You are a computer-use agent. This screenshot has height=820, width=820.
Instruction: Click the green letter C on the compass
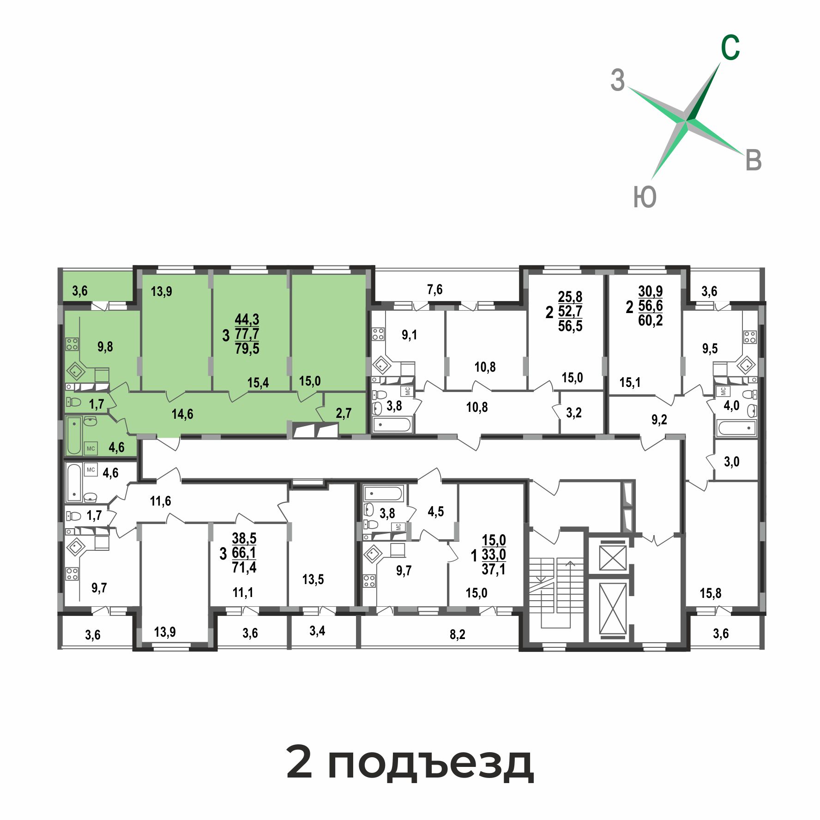tap(730, 48)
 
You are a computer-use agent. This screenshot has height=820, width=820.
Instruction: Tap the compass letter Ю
tap(645, 197)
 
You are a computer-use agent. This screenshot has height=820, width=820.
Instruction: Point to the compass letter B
tap(754, 161)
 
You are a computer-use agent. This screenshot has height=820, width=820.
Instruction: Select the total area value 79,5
tap(247, 348)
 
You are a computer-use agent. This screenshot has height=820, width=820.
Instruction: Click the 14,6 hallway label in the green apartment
tap(182, 414)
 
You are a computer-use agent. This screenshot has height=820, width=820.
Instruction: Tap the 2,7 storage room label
tap(344, 413)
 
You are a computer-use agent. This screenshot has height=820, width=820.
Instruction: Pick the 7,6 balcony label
tap(435, 289)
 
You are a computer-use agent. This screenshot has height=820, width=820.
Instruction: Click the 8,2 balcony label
tap(458, 634)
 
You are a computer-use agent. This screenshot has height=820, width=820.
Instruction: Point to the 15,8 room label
tap(711, 593)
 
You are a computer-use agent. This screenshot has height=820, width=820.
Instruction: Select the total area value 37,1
tap(494, 569)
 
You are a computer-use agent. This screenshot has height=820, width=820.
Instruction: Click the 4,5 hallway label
tap(436, 512)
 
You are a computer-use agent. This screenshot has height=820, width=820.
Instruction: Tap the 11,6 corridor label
tap(160, 501)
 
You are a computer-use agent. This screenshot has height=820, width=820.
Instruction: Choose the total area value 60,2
tap(651, 320)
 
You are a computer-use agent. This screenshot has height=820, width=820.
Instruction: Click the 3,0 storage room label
tap(732, 462)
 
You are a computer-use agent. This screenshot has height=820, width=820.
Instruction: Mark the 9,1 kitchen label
tap(410, 335)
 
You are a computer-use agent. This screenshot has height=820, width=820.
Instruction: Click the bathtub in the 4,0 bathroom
tap(736, 428)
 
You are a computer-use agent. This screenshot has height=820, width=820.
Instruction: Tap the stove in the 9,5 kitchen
tap(749, 338)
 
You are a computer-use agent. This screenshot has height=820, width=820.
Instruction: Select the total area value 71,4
tap(244, 567)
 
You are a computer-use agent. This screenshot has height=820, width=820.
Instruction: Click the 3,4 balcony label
tap(317, 631)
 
